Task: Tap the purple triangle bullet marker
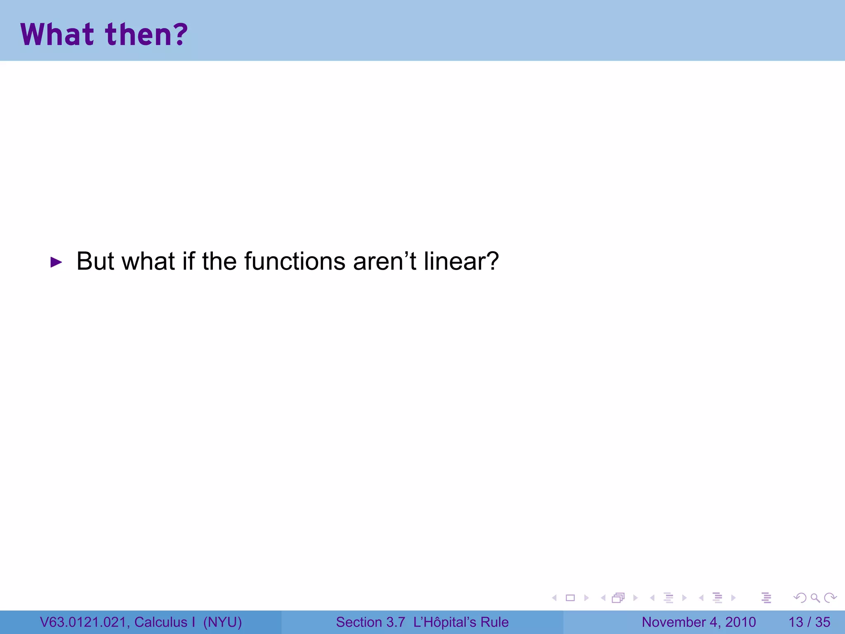coord(56,262)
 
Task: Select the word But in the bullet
coord(95,261)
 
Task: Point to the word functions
coord(295,261)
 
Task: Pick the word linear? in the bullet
coord(461,261)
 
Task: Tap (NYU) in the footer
coord(222,622)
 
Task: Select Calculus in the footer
coord(161,622)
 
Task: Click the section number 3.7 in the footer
coord(396,622)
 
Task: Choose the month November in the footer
coord(674,622)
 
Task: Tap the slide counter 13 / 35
coord(809,622)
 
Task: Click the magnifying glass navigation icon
coord(815,598)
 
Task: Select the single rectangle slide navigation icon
coord(570,598)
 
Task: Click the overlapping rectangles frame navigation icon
coord(618,598)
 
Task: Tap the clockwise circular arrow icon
coord(830,598)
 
